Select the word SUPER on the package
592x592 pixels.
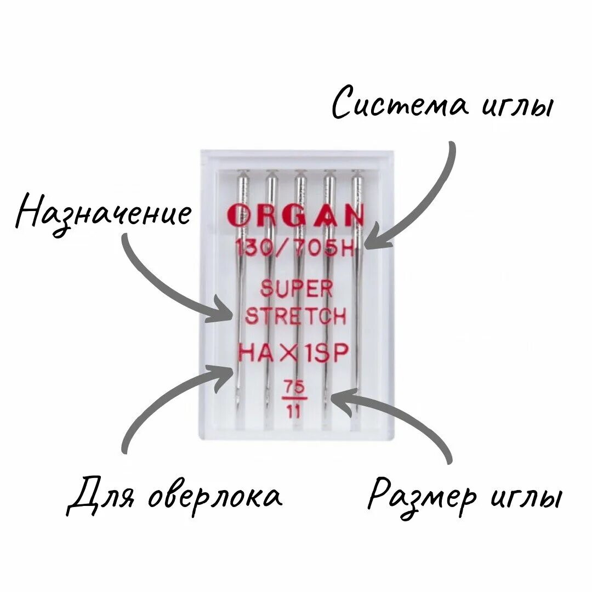297,289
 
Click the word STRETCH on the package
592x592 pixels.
296,316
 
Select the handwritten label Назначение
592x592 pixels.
104,214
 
